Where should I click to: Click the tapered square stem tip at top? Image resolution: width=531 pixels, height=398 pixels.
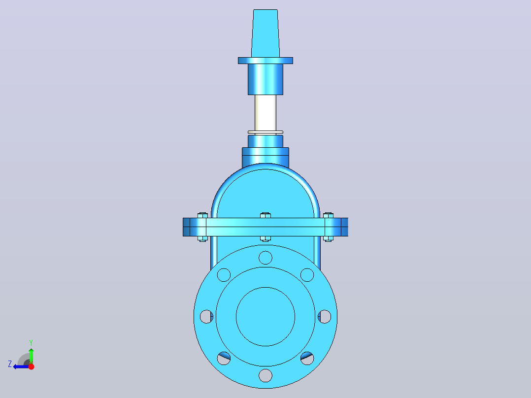coord(265,33)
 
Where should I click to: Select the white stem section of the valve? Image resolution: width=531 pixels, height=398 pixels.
coord(265,113)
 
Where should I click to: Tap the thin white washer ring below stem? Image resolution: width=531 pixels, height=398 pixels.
coord(265,132)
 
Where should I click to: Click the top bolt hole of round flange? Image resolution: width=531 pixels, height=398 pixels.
coord(265,258)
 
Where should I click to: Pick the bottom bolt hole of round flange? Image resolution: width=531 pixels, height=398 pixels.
coord(265,376)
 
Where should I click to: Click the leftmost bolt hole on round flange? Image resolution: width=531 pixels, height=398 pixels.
coord(206,317)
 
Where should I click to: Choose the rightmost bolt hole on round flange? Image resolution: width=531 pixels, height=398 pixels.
coord(325,317)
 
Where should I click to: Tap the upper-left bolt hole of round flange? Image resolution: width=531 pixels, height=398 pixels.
coord(224,275)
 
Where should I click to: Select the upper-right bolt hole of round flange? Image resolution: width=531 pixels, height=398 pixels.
coord(307,275)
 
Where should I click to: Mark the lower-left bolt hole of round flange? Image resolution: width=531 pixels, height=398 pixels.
coord(224,359)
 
